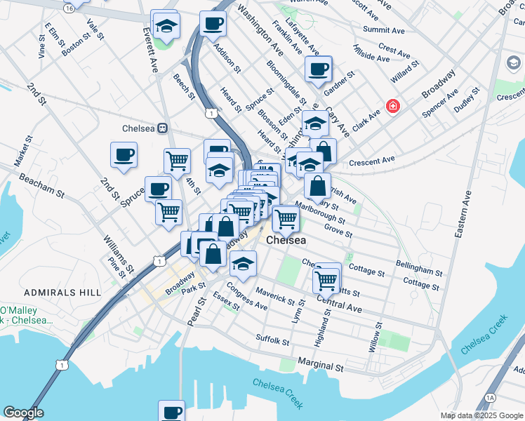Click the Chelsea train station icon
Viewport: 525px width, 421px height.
coord(163,128)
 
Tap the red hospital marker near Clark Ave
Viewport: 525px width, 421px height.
coord(392,107)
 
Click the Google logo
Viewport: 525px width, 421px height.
coord(23,413)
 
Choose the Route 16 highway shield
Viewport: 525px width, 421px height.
coord(68,7)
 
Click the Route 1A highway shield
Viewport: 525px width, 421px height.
coord(490,396)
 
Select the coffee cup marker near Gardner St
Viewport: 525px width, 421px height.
coord(318,70)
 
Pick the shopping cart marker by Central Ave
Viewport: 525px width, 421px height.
coord(326,280)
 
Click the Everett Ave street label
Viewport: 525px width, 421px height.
coord(150,51)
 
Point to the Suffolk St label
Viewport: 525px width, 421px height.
coord(272,341)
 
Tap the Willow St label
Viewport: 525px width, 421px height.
coord(376,337)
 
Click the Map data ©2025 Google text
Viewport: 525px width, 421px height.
coord(481,415)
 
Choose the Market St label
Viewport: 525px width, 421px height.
coord(19,155)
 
